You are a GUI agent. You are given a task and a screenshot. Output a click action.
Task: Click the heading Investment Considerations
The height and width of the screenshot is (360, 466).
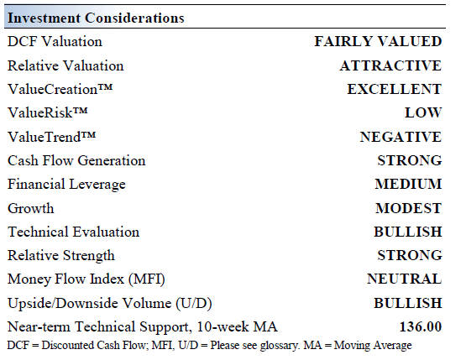point(96,18)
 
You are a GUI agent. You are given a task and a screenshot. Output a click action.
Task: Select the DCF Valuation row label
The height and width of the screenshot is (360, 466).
point(55,41)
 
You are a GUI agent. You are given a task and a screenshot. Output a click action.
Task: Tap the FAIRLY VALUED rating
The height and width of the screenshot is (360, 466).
point(377,41)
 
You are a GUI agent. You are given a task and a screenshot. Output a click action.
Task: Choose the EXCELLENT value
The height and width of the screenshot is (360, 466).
point(394,89)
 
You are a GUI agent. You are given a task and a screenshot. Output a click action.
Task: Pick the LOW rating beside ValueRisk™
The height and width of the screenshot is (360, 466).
point(422,112)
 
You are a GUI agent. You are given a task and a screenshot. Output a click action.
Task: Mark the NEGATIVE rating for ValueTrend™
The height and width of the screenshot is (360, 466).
point(400,137)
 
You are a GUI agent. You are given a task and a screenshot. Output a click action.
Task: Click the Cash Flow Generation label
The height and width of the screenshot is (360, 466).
point(76,160)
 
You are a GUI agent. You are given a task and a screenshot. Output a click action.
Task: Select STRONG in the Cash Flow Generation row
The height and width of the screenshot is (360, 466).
point(409,160)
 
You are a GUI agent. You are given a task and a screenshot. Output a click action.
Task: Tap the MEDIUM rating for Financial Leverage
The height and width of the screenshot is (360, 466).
point(408,184)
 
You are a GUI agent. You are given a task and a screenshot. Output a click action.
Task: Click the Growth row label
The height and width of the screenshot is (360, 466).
point(30,208)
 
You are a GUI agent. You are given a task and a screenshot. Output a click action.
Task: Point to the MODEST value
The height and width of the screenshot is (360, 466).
point(408,208)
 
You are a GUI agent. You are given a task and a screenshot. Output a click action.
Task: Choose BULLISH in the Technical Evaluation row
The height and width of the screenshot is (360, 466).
point(407,232)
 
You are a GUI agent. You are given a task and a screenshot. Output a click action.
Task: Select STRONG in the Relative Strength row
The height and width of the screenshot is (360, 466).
point(409,255)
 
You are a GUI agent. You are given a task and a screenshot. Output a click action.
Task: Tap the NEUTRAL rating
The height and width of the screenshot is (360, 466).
point(404,279)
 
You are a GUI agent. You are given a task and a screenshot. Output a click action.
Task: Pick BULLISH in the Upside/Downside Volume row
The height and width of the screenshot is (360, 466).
point(407,303)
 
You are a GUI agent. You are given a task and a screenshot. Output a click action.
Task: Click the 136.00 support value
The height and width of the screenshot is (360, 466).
point(420,326)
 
